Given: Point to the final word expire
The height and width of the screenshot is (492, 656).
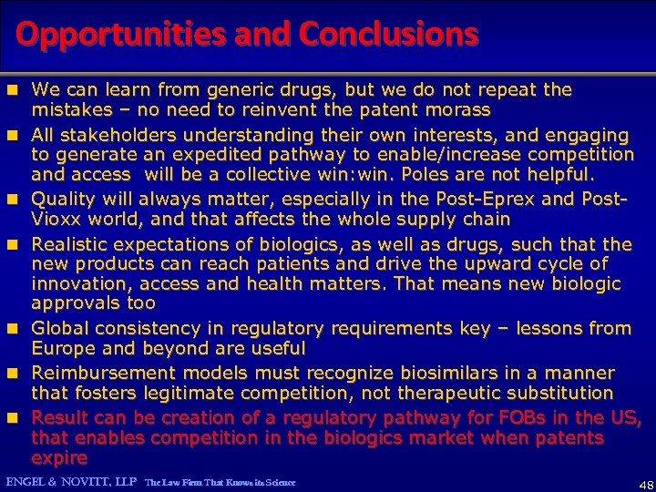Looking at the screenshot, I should click(x=59, y=457).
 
